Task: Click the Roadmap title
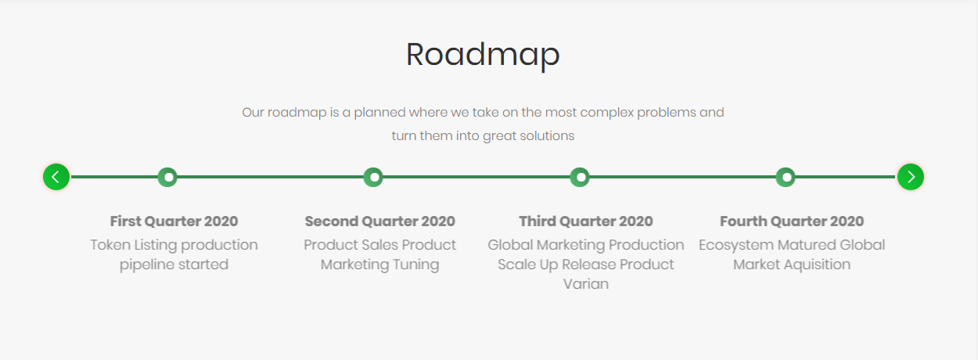[483, 55]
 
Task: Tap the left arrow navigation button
[56, 177]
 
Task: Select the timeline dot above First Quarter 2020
[167, 178]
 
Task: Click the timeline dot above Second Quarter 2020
[373, 178]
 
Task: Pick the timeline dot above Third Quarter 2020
[580, 178]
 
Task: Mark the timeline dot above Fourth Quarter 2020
[786, 178]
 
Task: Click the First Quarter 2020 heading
[174, 221]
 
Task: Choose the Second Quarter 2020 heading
[379, 221]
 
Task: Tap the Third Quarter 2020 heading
[586, 221]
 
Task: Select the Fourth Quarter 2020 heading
[792, 221]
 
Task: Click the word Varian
[586, 284]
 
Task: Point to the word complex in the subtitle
[607, 113]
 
